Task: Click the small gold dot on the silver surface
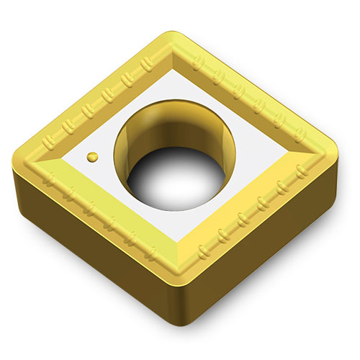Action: tap(91, 156)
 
